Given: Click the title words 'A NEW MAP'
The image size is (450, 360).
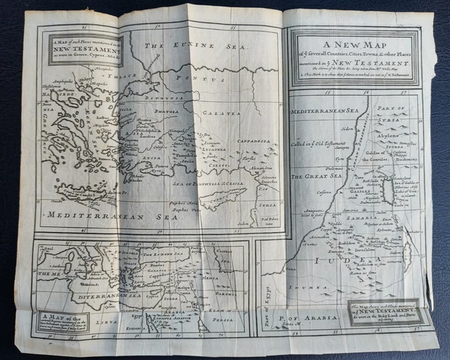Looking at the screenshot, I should pos(356,47).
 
